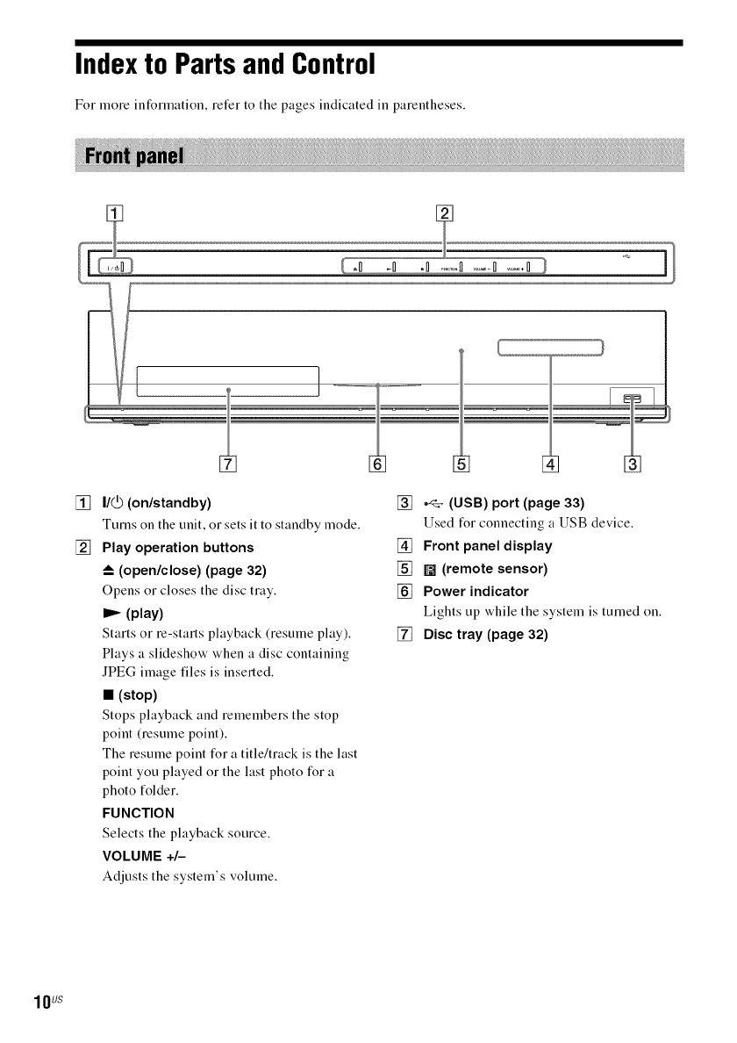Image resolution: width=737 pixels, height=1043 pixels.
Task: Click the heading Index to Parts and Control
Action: click(x=225, y=64)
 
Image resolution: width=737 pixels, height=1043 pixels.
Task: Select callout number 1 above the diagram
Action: click(x=111, y=212)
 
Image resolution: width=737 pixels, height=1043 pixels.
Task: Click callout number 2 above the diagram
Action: click(x=444, y=212)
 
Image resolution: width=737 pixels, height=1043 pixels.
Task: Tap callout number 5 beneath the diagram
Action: click(x=462, y=463)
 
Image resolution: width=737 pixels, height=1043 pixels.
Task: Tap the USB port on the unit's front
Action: click(x=632, y=398)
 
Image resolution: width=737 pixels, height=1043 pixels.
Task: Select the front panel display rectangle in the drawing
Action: click(x=550, y=348)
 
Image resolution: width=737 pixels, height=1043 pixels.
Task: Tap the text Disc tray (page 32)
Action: click(x=485, y=633)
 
